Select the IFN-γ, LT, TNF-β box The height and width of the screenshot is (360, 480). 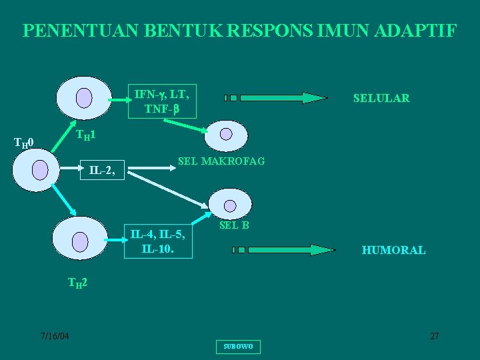coord(163,101)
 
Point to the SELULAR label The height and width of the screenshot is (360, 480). coord(381,98)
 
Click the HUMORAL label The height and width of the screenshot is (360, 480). coord(393,251)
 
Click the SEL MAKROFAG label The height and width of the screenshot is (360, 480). coord(221,161)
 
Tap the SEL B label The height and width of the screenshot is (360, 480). coord(234,225)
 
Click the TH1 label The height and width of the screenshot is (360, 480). coord(85,135)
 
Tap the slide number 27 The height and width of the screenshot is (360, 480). coord(434,336)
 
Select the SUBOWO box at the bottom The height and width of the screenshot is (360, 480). coord(238,347)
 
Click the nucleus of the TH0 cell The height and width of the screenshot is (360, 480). coord(40,169)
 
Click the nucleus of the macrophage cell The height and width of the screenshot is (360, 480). coord(227,135)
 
